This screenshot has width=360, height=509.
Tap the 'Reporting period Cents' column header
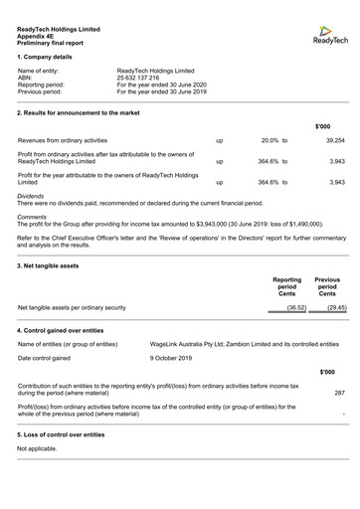tap(287, 287)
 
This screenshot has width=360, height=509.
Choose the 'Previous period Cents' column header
tap(327, 287)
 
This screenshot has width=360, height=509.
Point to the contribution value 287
tap(339, 392)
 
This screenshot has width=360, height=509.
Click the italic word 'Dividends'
tap(31, 197)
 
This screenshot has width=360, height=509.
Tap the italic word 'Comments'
tap(32, 217)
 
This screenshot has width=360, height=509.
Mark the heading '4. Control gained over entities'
tap(61, 329)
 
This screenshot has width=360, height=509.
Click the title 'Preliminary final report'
tap(51, 44)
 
